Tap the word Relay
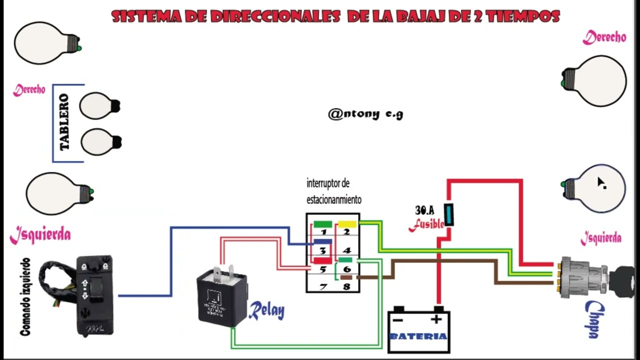266,310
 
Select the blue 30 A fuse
449,214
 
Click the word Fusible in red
426,225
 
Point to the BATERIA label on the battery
418,336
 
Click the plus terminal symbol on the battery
436,319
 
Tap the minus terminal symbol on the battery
398,319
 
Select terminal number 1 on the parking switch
323,231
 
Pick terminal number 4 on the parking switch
346,250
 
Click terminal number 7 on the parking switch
323,287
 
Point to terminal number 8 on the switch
346,287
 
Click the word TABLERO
64,122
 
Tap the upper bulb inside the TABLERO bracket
99,105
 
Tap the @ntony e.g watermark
365,114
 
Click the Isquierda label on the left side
40,234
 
